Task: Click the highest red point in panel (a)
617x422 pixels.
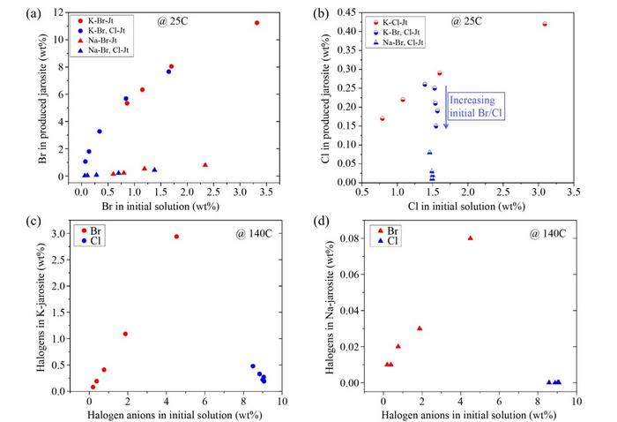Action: click(x=256, y=23)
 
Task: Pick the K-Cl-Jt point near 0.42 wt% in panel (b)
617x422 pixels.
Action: click(x=545, y=24)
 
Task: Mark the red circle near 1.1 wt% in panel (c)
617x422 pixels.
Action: click(x=125, y=334)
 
